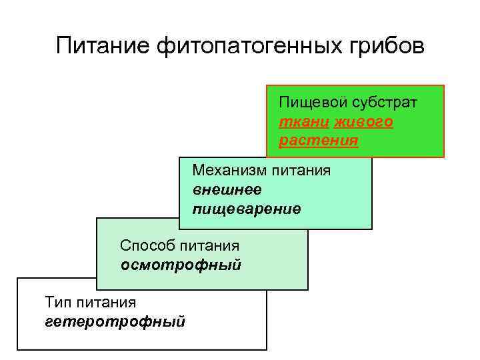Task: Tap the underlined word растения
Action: (318, 141)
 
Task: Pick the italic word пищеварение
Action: (246, 209)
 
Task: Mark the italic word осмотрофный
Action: (181, 265)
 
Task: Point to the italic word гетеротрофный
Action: (115, 322)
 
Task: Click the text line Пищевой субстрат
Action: (348, 103)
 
